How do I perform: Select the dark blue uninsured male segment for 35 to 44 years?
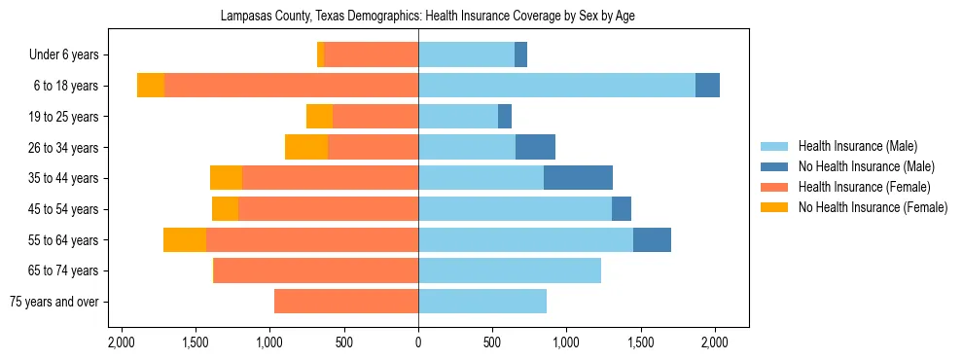point(578,178)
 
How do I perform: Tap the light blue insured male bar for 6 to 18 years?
point(556,86)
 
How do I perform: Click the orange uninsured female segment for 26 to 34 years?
point(306,147)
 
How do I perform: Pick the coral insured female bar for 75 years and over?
point(346,302)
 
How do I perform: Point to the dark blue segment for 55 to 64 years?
point(652,239)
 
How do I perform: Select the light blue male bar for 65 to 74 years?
point(510,270)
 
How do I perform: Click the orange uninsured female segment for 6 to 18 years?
point(151,86)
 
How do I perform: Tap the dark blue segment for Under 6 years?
point(520,54)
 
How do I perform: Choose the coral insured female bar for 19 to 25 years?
point(375,117)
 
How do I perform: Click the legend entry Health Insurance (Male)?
point(857,146)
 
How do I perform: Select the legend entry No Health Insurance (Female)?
point(872,207)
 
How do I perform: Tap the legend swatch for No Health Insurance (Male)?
point(775,166)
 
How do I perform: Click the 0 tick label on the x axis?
point(418,342)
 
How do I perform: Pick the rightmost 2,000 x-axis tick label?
point(715,342)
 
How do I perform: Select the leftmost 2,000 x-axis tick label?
point(121,342)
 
